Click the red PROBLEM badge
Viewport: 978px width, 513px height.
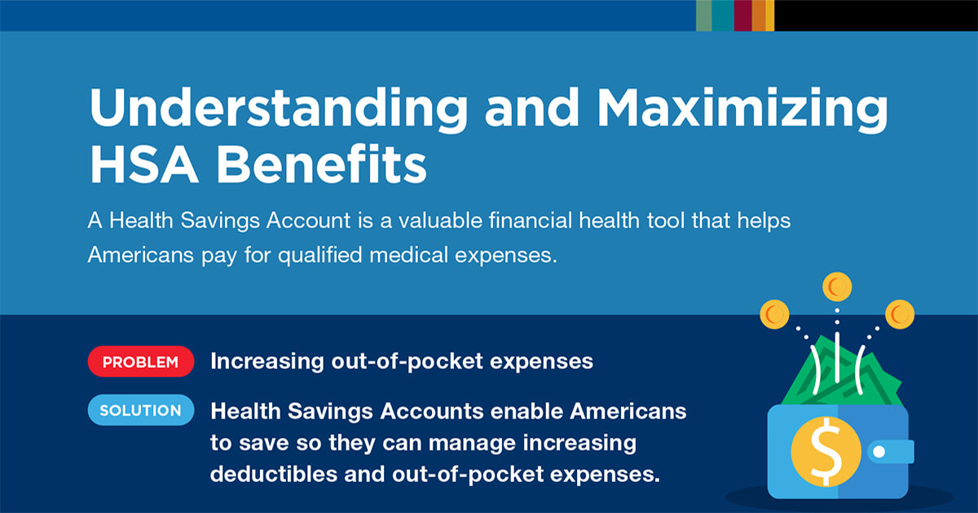click(140, 362)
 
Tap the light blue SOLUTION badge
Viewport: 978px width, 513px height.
click(140, 410)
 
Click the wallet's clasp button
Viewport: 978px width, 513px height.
click(879, 450)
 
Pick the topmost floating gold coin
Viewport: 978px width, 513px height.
click(836, 286)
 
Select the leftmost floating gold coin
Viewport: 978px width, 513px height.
click(774, 312)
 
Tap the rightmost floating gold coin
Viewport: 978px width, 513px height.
click(900, 312)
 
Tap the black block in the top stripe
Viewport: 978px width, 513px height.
click(875, 15)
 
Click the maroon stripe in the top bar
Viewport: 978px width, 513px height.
click(742, 15)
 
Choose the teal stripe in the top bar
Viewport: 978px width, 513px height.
click(722, 15)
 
